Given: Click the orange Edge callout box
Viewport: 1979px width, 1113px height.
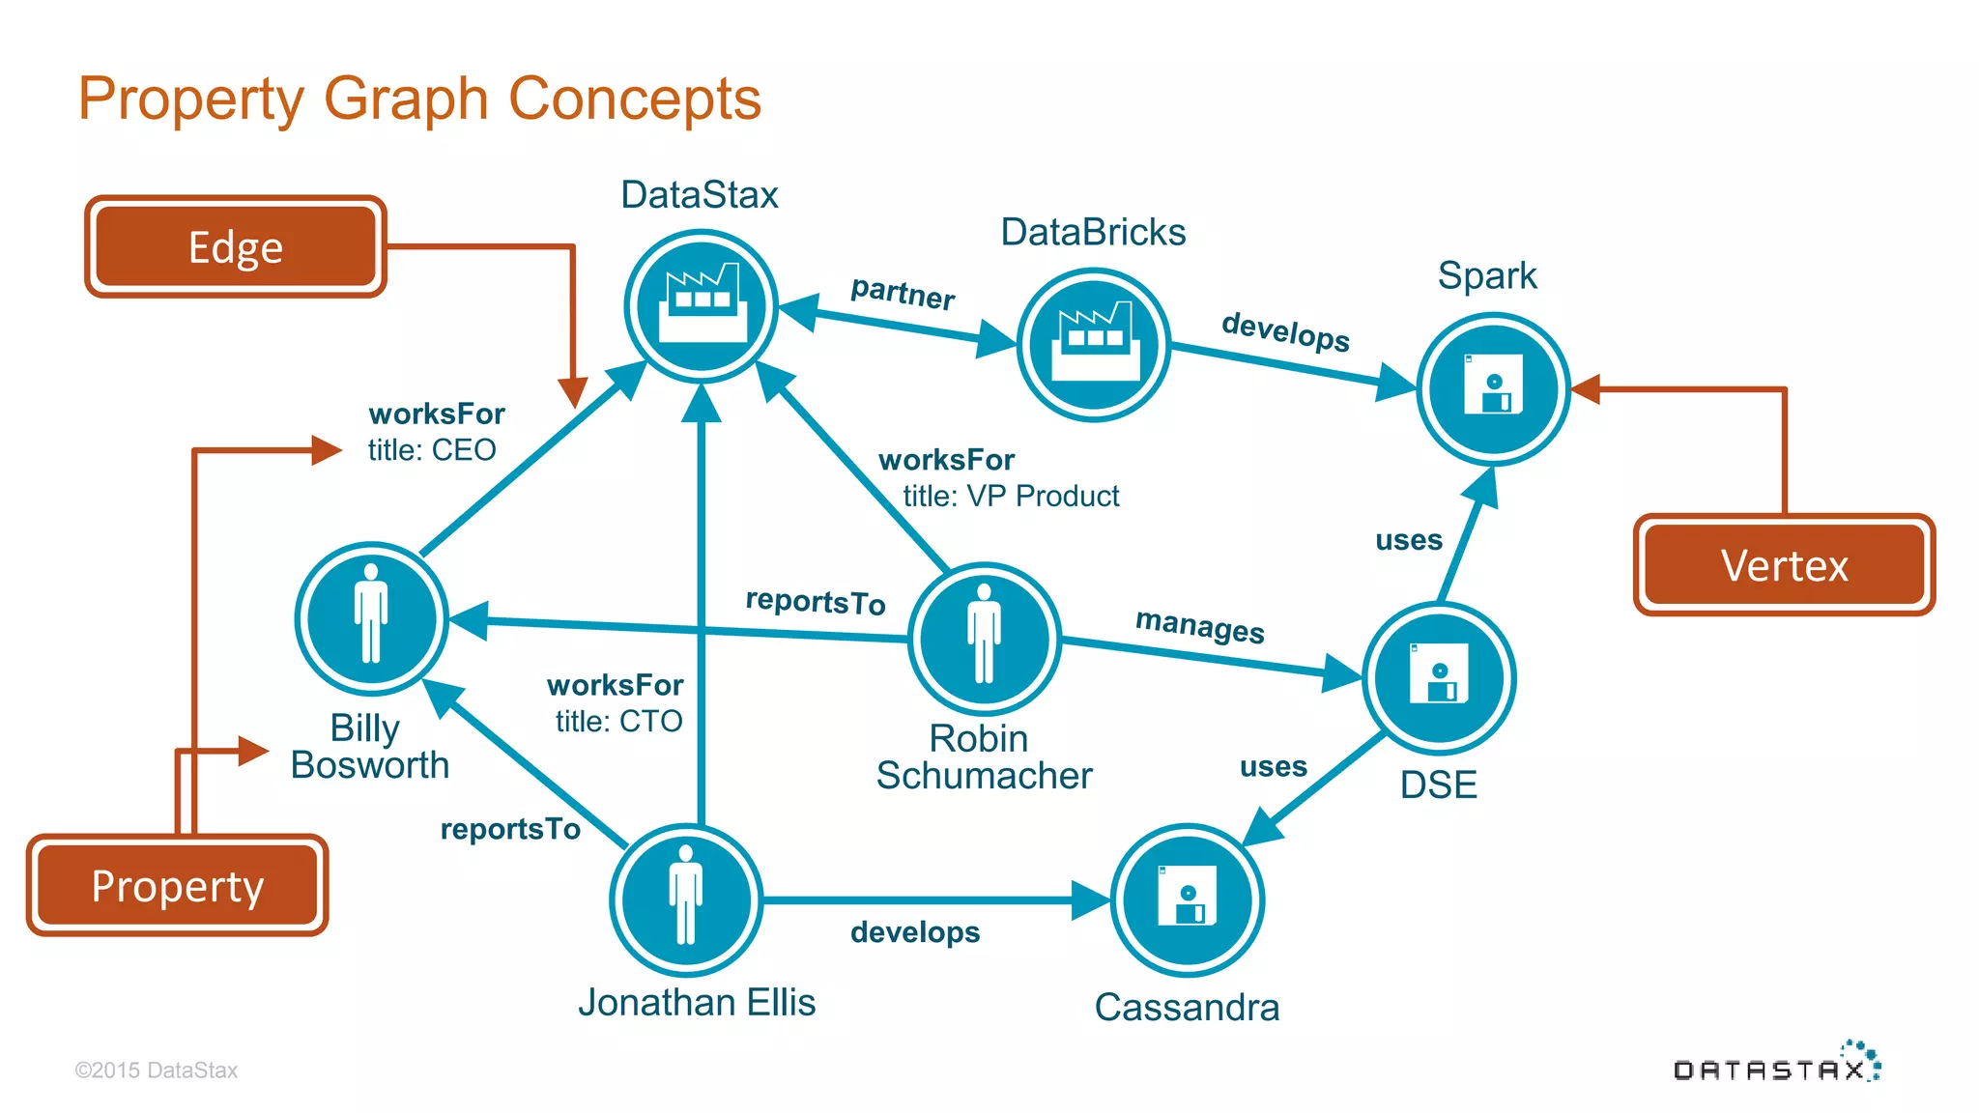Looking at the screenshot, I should tap(235, 247).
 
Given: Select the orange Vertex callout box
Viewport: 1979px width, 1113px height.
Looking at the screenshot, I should tap(1784, 565).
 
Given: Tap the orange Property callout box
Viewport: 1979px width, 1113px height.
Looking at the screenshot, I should tap(177, 885).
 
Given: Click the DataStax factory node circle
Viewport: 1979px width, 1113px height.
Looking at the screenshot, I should tap(702, 306).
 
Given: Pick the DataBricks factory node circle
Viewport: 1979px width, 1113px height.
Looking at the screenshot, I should tap(1094, 345).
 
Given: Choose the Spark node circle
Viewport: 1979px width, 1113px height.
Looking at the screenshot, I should tap(1493, 388).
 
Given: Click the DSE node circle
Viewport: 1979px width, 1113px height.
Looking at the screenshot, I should tap(1439, 678).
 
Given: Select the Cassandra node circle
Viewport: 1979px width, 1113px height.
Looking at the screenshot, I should tap(1188, 899).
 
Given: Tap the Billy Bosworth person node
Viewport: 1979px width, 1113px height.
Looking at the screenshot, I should tap(371, 618).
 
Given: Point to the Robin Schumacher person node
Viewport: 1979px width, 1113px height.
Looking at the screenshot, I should tap(985, 639).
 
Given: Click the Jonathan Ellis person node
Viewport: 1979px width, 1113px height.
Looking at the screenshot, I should tap(686, 899).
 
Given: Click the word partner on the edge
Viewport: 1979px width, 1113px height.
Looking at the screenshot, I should tap(903, 292).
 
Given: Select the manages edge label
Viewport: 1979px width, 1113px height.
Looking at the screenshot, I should tap(1199, 626).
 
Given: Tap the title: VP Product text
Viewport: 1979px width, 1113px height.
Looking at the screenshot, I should tap(1011, 496).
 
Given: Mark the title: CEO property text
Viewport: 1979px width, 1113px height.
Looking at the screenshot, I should tap(432, 450).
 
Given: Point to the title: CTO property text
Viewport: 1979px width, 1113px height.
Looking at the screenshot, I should tap(618, 721).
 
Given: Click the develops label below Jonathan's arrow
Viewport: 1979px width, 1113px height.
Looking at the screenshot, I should tap(915, 932).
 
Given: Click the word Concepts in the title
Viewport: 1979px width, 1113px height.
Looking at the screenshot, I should tap(635, 99).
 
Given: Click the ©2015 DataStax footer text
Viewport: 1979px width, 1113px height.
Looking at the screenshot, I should tap(157, 1070).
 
